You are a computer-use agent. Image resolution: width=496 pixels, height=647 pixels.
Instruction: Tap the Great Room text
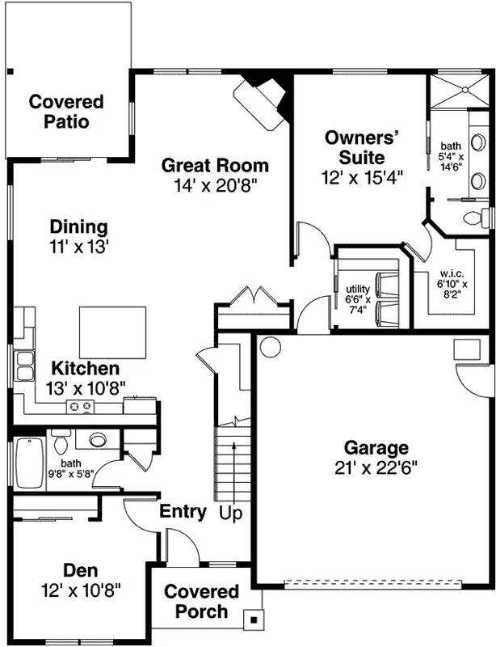[214, 166]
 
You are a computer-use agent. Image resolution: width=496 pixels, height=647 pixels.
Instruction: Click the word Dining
[78, 226]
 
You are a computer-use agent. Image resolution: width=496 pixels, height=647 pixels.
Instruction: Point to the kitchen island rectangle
[112, 332]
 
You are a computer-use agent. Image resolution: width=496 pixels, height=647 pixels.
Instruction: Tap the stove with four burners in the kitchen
[82, 406]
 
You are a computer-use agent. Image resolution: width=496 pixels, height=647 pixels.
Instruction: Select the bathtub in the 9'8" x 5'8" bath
[29, 463]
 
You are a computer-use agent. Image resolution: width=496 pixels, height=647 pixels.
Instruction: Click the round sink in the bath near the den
[98, 441]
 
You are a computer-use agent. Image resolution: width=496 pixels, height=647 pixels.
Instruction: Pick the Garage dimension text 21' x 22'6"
[376, 467]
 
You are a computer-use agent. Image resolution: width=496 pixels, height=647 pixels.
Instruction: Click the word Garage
[376, 448]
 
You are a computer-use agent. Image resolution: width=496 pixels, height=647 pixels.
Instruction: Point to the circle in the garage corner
[270, 348]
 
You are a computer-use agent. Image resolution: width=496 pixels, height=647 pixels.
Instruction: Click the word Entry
[182, 512]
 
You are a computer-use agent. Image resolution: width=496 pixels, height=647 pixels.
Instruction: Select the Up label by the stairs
[231, 513]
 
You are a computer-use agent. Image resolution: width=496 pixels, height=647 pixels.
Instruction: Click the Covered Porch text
[202, 602]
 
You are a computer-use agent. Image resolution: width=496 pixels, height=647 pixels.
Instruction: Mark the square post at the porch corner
[254, 620]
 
